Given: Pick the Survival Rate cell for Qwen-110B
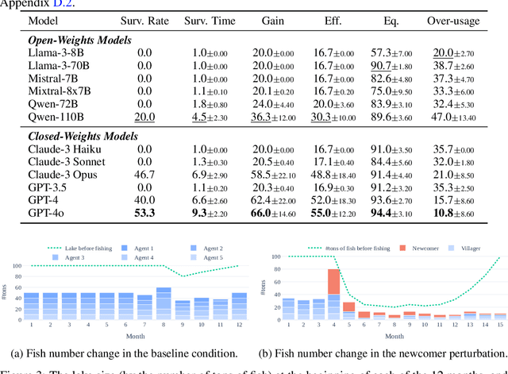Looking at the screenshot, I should click(x=144, y=117).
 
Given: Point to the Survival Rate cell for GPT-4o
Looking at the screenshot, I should click(x=144, y=213).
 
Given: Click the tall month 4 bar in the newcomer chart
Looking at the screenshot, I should click(x=333, y=293).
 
